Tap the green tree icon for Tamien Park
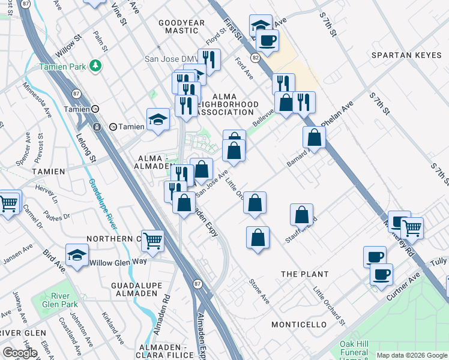point(94,64)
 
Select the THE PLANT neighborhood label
point(306,274)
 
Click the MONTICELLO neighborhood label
point(298,325)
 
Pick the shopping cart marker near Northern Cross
point(153,240)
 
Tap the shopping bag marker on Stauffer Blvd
point(301,214)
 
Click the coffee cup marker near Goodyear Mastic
point(267,40)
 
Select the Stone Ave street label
point(261,289)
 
